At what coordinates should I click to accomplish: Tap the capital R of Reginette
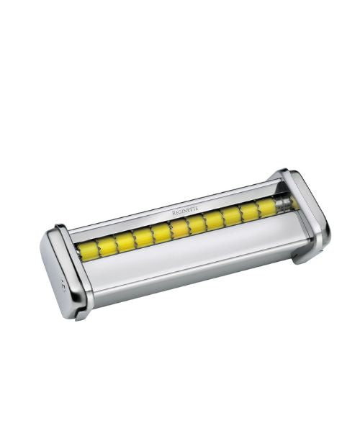point(174,212)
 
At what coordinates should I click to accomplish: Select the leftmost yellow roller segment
point(89,251)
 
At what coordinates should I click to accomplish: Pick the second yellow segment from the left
point(107,246)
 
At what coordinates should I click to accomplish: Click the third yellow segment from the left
point(126,242)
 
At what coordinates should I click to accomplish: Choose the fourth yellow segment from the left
point(144,237)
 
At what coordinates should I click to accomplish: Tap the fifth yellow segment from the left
point(162,232)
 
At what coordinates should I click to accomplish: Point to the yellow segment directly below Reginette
point(179,228)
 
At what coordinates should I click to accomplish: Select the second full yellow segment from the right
point(250,211)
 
